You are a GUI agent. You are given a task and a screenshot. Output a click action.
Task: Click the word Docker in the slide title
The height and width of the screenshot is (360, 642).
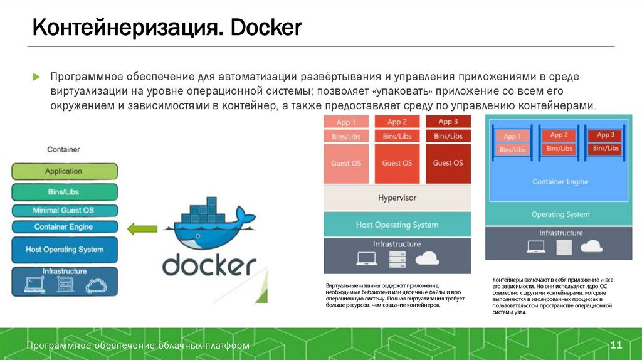point(267,28)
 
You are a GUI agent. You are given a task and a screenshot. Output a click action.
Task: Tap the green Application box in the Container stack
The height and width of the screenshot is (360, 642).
point(64,171)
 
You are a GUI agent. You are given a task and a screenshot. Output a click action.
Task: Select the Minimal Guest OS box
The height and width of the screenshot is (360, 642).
point(64,210)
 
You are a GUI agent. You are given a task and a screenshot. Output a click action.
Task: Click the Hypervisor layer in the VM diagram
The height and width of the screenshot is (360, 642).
point(397,198)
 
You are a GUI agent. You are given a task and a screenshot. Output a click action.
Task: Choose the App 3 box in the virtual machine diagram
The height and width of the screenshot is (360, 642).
point(448,122)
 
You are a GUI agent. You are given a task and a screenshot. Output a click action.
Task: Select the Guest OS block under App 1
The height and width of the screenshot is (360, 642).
point(346,163)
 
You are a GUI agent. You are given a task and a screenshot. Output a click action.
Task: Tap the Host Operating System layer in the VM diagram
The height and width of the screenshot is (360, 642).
point(397,225)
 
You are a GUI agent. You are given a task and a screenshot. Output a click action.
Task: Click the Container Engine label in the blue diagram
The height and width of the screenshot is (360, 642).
point(560,182)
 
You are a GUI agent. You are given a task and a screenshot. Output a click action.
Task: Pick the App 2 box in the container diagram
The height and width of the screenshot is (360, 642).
point(559,135)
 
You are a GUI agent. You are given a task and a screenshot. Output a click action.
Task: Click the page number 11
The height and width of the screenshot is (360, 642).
point(616,346)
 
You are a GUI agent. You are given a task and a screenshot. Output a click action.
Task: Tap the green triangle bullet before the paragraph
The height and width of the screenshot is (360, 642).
point(36,77)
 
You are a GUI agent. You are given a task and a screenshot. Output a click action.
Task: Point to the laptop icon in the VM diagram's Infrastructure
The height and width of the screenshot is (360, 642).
point(366,258)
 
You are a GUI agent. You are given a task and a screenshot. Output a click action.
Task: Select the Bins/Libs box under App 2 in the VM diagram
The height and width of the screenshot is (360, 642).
point(397,136)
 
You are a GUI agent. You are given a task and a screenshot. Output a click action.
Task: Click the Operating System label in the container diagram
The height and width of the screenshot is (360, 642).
point(560,214)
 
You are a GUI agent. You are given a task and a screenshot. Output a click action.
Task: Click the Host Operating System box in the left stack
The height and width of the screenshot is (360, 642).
point(64,249)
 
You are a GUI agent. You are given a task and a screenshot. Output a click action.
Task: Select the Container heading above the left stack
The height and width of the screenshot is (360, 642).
point(64,150)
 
